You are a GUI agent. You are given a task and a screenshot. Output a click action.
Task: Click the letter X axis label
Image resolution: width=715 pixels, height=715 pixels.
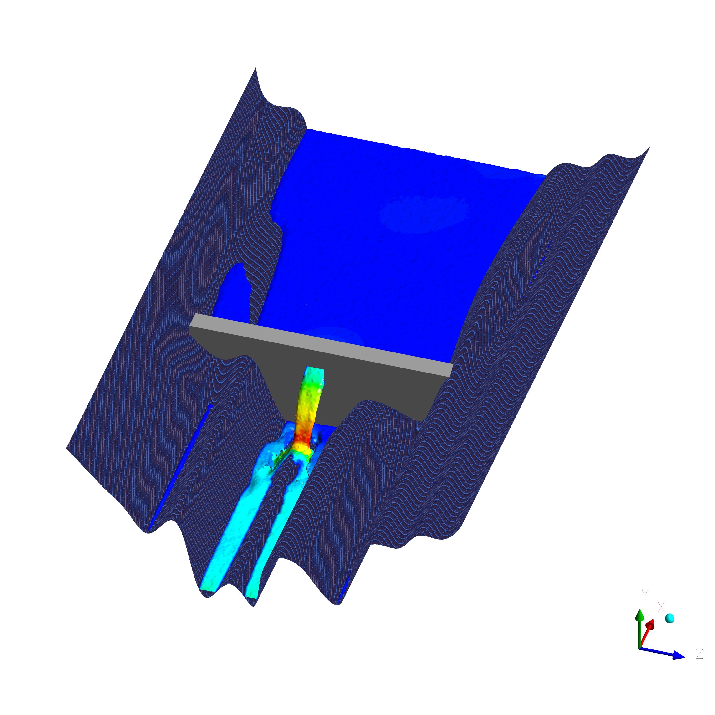[x=661, y=617]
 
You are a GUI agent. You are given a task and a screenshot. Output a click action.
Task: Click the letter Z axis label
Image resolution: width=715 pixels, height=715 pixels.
[x=699, y=664]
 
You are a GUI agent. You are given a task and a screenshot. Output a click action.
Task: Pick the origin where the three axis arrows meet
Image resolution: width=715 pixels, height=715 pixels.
[x=639, y=658]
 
